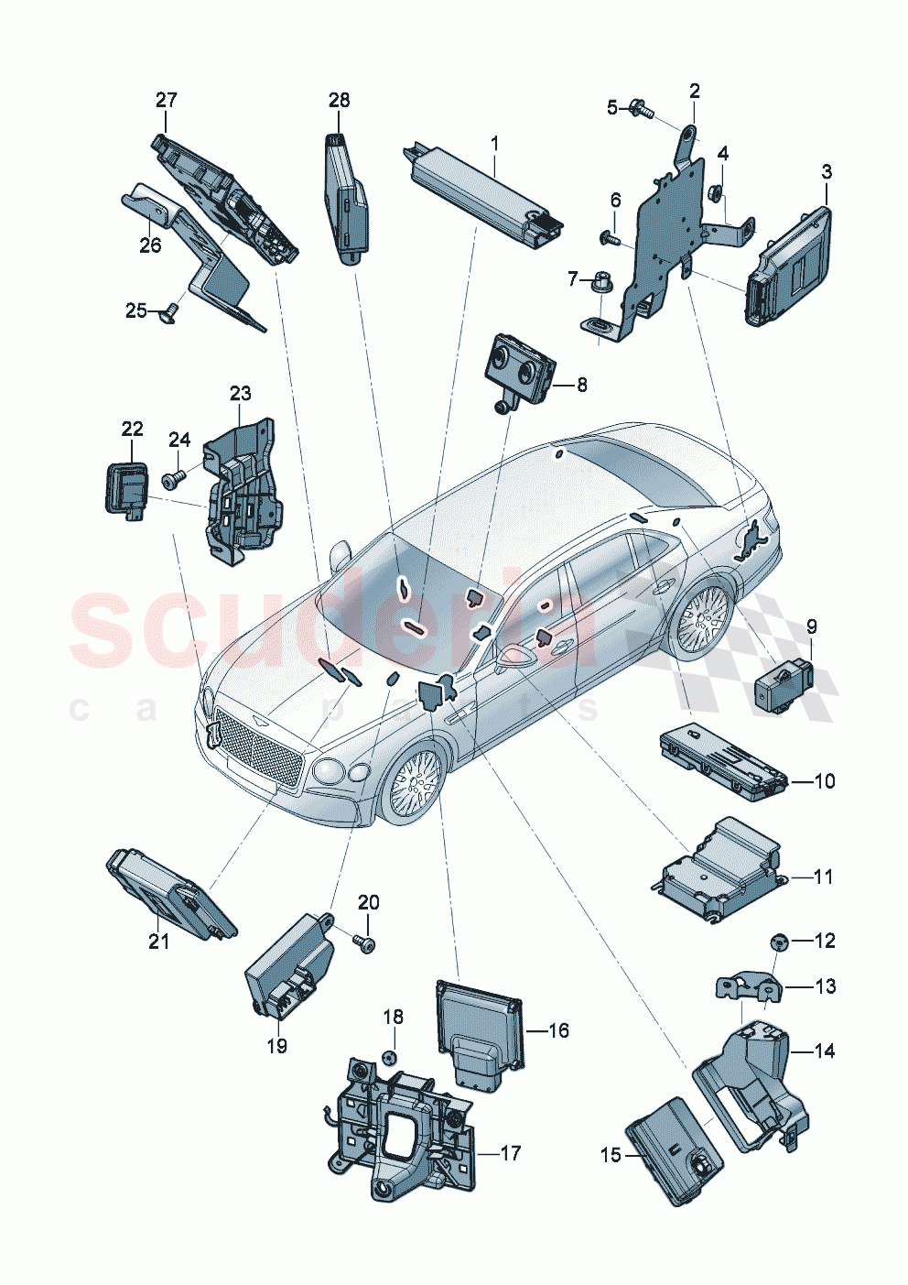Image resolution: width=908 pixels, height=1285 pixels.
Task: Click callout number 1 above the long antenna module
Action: coord(494,144)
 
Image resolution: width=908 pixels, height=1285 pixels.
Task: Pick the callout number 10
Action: coord(824,781)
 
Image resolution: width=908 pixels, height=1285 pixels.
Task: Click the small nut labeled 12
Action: coord(778,941)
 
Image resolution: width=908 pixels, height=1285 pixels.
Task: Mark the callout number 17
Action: coord(510,1153)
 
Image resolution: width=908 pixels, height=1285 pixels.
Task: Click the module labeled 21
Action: coord(171,891)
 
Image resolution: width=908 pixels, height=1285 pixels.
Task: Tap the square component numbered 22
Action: coord(124,488)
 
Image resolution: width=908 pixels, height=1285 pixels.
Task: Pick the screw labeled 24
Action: coord(172,478)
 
